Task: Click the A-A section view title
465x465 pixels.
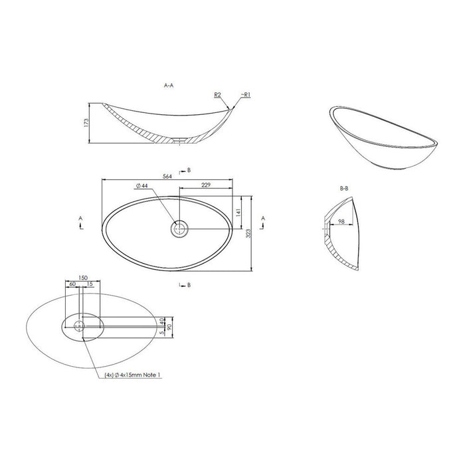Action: click(169, 86)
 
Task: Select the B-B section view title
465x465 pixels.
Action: click(344, 188)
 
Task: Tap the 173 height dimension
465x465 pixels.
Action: click(86, 123)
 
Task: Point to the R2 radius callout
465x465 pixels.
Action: click(217, 94)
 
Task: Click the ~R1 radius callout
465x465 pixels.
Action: click(246, 94)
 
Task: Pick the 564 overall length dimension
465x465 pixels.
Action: click(167, 176)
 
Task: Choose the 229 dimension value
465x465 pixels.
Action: click(206, 185)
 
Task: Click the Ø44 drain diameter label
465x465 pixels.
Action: click(141, 185)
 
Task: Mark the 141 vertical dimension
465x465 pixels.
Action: click(238, 213)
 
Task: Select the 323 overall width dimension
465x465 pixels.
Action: click(248, 233)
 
